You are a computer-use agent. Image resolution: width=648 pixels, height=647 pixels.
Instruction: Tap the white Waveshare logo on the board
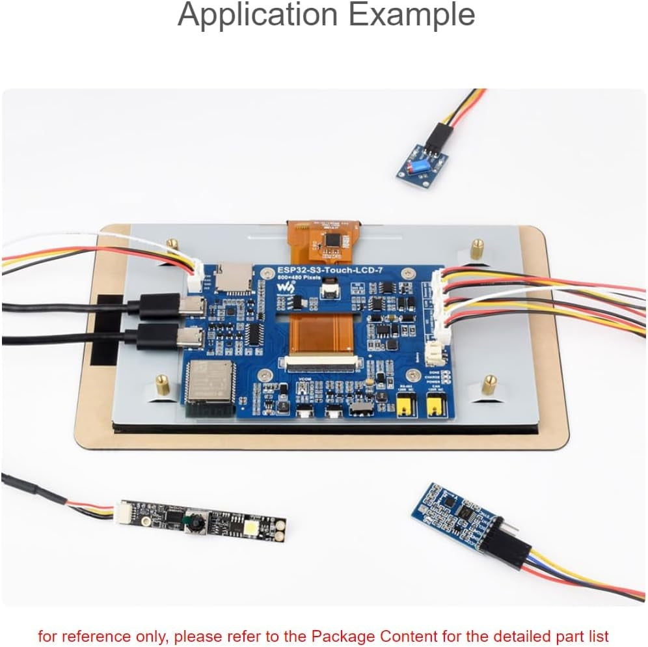coord(284,286)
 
